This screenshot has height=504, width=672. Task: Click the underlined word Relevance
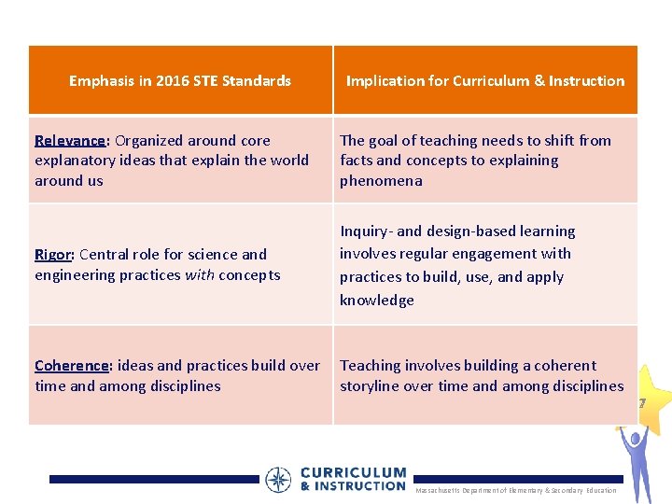coord(70,141)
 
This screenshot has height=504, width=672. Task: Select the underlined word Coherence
coord(71,366)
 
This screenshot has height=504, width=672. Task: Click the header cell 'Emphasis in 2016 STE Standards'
coord(180,81)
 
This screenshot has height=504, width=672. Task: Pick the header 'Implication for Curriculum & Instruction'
coord(485,81)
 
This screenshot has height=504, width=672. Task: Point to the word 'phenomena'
coord(381,181)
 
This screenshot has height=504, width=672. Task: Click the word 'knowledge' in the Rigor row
coord(377,301)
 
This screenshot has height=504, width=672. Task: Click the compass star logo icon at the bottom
coord(278,480)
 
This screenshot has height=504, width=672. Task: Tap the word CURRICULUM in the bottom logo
coord(353,473)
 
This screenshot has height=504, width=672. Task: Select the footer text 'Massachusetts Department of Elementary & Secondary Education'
coord(515,491)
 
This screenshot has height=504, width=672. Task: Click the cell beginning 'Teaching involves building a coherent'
coord(482,376)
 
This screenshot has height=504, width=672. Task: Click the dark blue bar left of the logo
coord(154,479)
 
